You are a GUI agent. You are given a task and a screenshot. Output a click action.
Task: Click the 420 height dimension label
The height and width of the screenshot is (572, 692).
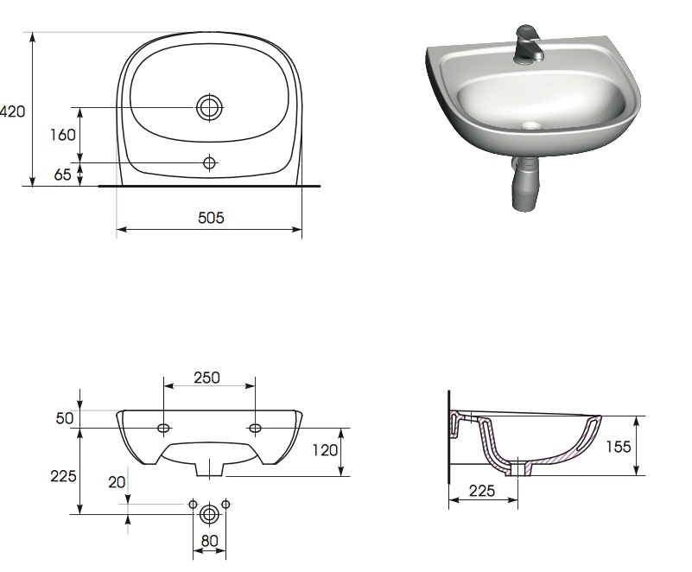click(x=12, y=111)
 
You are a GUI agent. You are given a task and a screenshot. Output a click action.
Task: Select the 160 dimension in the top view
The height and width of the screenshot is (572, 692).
click(x=63, y=135)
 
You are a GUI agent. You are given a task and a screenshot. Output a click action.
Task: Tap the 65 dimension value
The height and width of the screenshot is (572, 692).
click(x=63, y=175)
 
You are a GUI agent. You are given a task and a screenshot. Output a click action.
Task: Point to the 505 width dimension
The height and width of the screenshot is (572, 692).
click(x=211, y=218)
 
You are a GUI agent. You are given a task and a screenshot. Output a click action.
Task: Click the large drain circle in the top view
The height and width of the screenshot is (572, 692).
click(x=209, y=107)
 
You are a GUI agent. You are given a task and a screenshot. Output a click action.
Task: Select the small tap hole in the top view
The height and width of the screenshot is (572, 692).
click(x=209, y=162)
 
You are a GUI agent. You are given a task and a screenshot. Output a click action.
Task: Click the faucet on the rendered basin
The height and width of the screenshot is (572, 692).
click(x=528, y=45)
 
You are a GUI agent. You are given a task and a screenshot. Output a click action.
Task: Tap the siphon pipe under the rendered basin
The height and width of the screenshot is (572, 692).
click(x=524, y=182)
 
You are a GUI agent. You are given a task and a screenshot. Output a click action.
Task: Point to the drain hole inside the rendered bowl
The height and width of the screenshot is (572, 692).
click(x=531, y=126)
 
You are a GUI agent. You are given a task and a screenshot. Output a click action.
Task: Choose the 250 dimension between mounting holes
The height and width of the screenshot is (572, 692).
click(x=206, y=378)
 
